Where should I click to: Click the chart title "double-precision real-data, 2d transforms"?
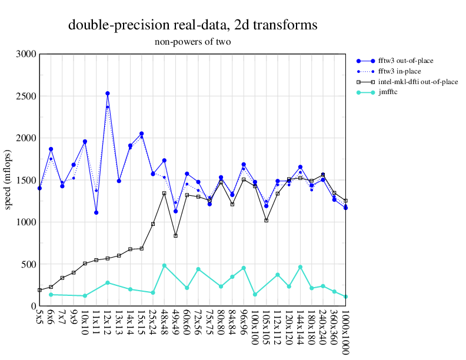click(x=192, y=25)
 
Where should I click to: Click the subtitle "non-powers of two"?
click(x=192, y=42)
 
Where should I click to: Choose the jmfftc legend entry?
click(x=388, y=92)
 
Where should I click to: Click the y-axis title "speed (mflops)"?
click(x=8, y=180)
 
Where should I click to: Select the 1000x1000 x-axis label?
click(x=345, y=332)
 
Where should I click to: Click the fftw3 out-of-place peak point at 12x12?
click(x=108, y=94)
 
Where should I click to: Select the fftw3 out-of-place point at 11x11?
click(x=96, y=212)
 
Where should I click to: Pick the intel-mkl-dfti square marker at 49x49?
click(x=175, y=236)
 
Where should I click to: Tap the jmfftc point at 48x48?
click(x=164, y=265)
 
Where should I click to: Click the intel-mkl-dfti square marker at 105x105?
click(x=266, y=221)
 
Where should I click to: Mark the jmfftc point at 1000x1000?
click(x=345, y=296)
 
